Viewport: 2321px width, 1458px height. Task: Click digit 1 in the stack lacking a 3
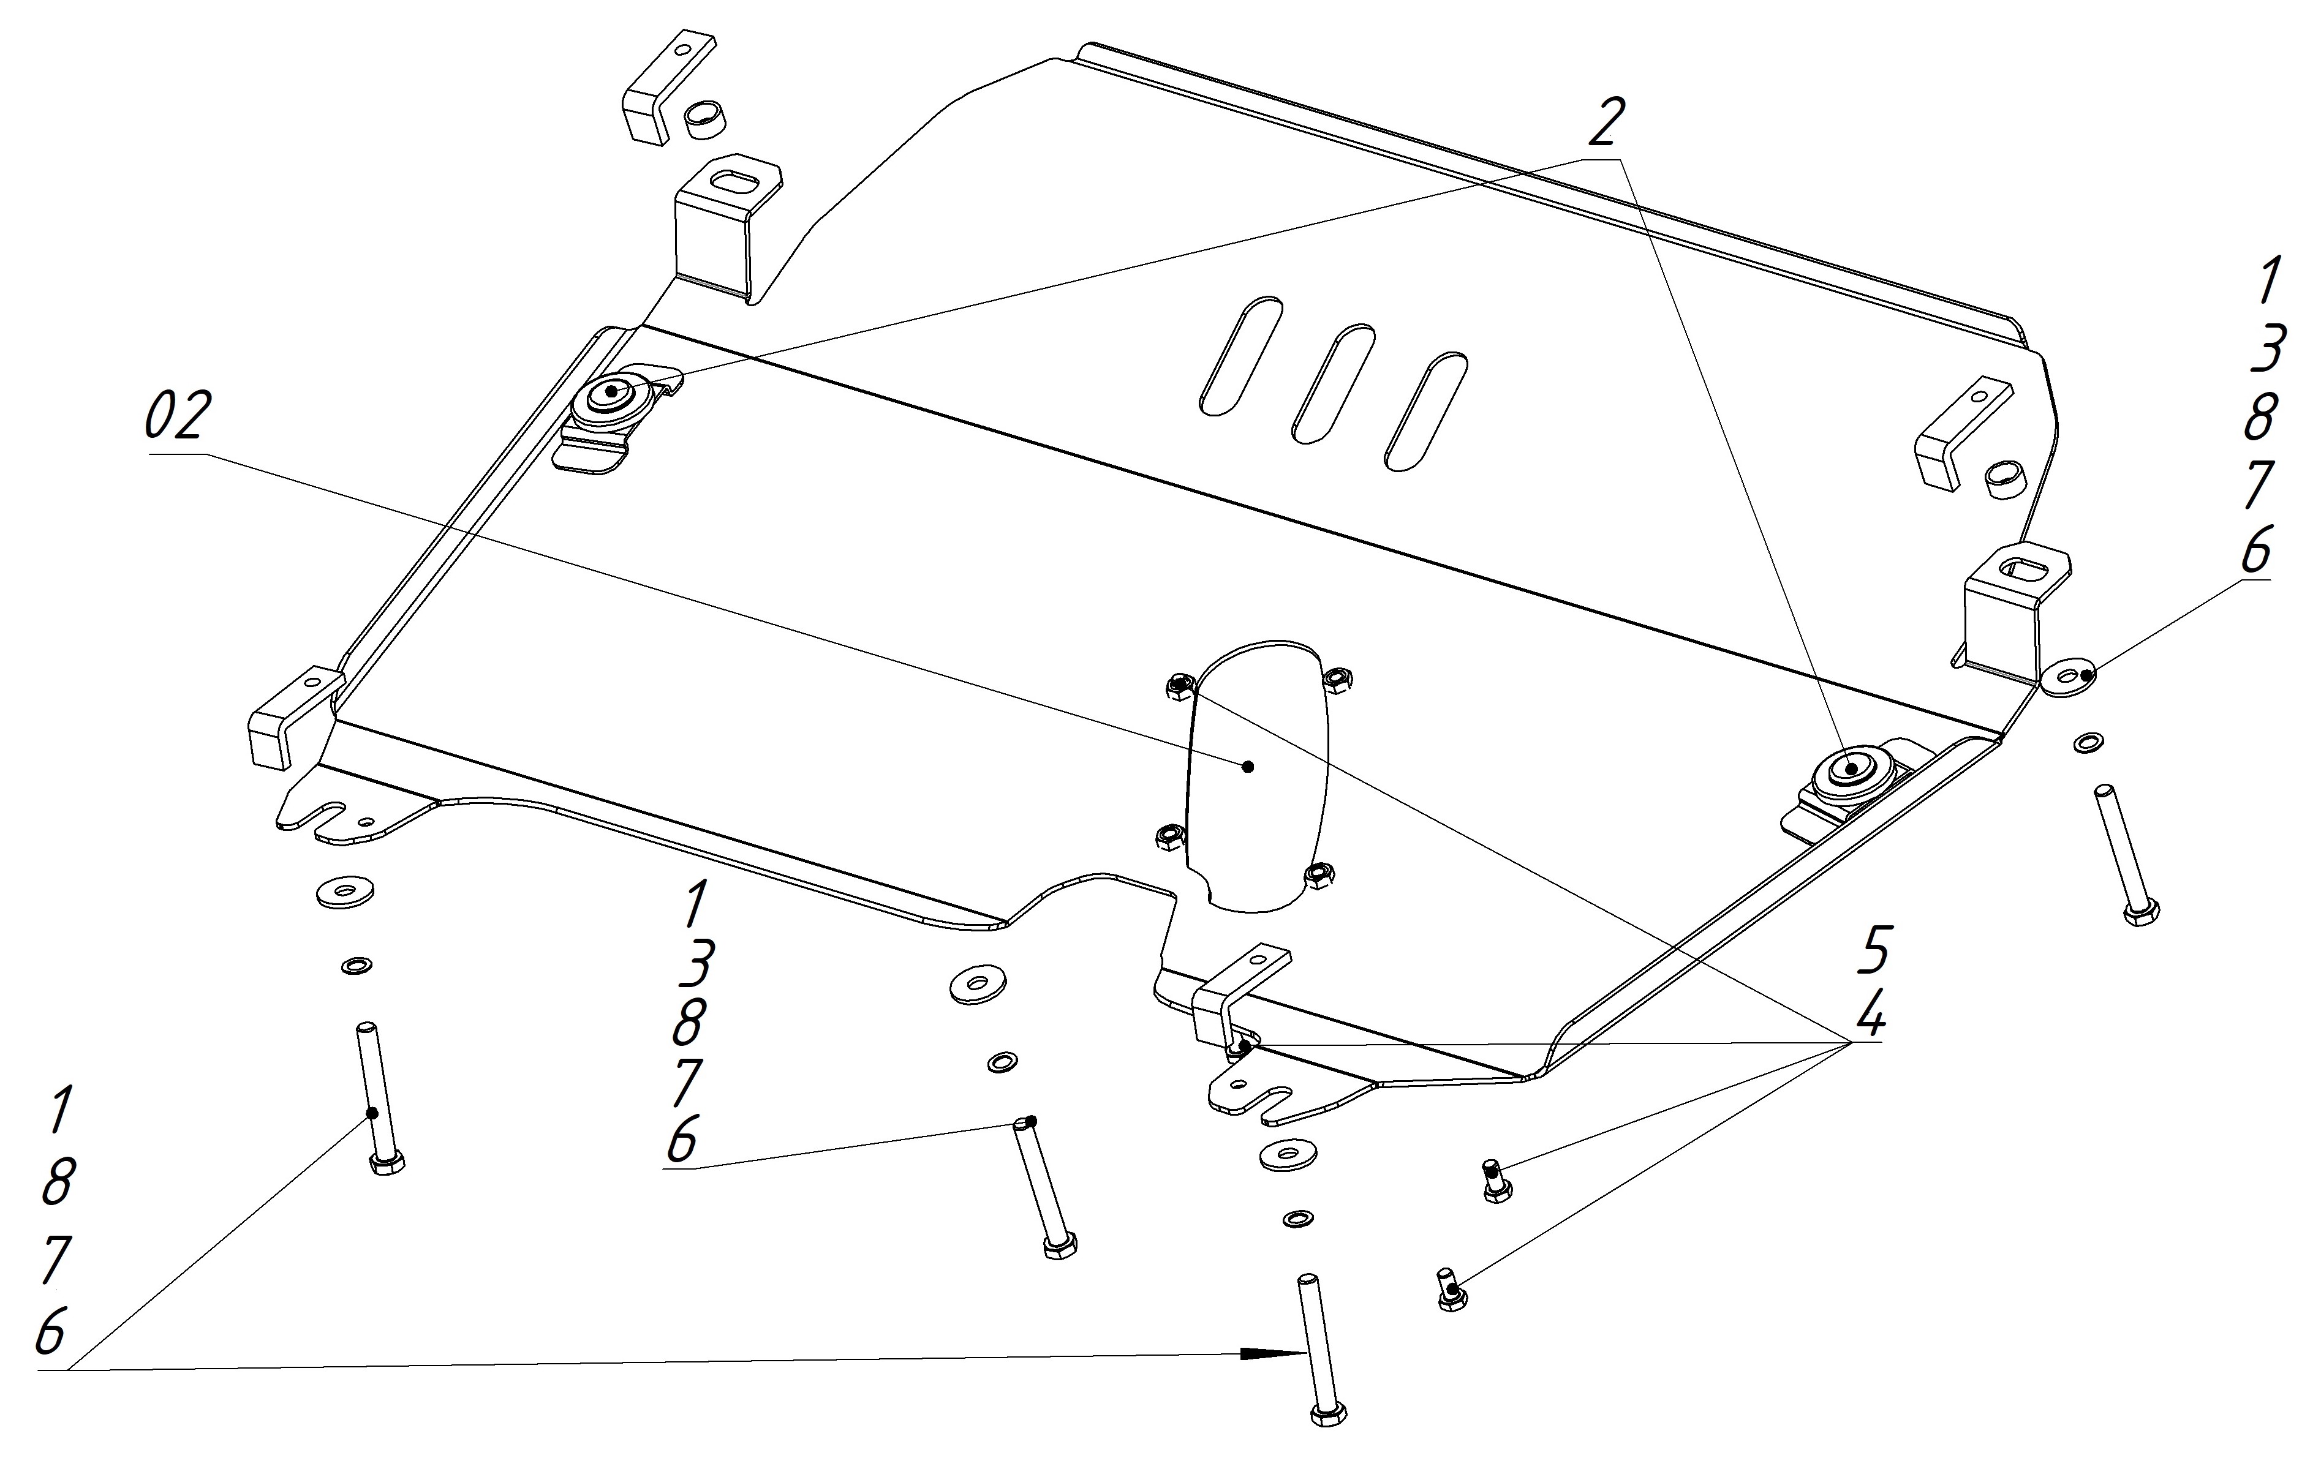coord(60,1110)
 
